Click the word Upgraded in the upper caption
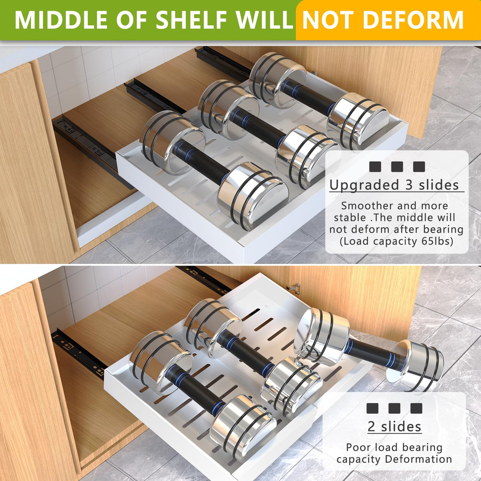click(364, 185)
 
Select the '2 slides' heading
click(394, 427)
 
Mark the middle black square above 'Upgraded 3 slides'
click(397, 167)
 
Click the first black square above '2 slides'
click(372, 408)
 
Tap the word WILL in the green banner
click(265, 20)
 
